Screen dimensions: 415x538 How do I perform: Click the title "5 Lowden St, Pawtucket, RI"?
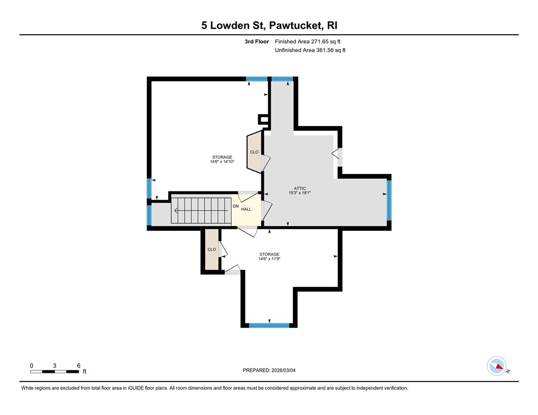(x=269, y=25)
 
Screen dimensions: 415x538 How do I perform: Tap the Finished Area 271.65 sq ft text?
(x=307, y=41)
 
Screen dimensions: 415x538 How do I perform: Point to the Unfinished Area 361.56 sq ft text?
(x=310, y=50)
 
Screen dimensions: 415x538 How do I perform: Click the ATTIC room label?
(x=299, y=188)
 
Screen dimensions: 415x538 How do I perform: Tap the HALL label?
(x=246, y=209)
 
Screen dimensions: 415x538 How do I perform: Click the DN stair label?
(x=235, y=205)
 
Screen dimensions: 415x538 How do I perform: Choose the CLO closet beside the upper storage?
(x=254, y=152)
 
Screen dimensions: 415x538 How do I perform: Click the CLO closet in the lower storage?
(x=211, y=250)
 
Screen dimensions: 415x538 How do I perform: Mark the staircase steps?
(x=200, y=211)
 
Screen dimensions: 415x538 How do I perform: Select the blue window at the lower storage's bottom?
(x=269, y=325)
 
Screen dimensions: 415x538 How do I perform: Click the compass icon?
(x=496, y=366)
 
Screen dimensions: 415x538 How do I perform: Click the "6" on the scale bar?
(x=78, y=365)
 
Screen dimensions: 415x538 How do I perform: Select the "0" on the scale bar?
(x=31, y=365)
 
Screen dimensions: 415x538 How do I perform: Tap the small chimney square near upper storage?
(x=263, y=119)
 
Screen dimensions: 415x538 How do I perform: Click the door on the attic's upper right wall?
(x=337, y=155)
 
